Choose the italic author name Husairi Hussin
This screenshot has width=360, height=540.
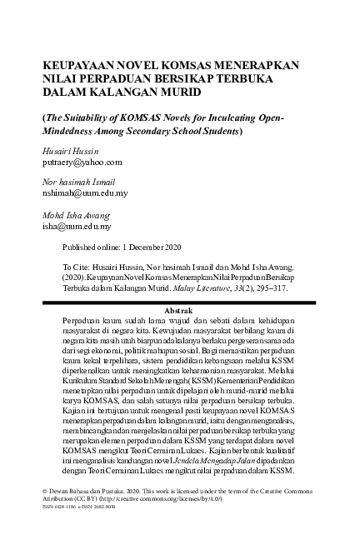coord(72,152)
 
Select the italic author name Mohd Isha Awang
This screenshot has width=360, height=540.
coord(77,214)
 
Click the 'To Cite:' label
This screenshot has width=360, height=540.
coord(77,261)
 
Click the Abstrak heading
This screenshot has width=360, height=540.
coord(181,309)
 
